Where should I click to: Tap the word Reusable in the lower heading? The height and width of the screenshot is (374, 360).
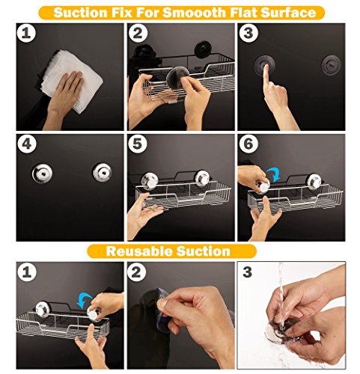click(x=139, y=251)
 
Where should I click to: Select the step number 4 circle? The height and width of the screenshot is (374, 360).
click(x=27, y=144)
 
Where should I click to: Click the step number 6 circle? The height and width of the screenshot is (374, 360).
click(x=248, y=144)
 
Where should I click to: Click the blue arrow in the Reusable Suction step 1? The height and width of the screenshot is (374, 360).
click(x=85, y=300)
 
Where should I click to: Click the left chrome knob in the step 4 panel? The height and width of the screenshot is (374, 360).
click(x=42, y=173)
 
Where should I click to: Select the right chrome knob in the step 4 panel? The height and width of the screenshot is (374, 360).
click(x=103, y=172)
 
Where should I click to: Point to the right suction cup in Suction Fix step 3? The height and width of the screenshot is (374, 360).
click(x=331, y=64)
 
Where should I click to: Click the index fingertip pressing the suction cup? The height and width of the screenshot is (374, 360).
click(x=266, y=67)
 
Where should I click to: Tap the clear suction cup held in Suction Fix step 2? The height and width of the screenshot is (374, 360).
click(x=177, y=79)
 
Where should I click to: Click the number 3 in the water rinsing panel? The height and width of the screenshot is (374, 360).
click(x=247, y=272)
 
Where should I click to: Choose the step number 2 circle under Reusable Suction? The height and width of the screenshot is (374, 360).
click(x=136, y=272)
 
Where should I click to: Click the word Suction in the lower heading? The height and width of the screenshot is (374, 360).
click(x=204, y=251)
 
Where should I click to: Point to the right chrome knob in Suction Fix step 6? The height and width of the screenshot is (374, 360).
click(x=314, y=181)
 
